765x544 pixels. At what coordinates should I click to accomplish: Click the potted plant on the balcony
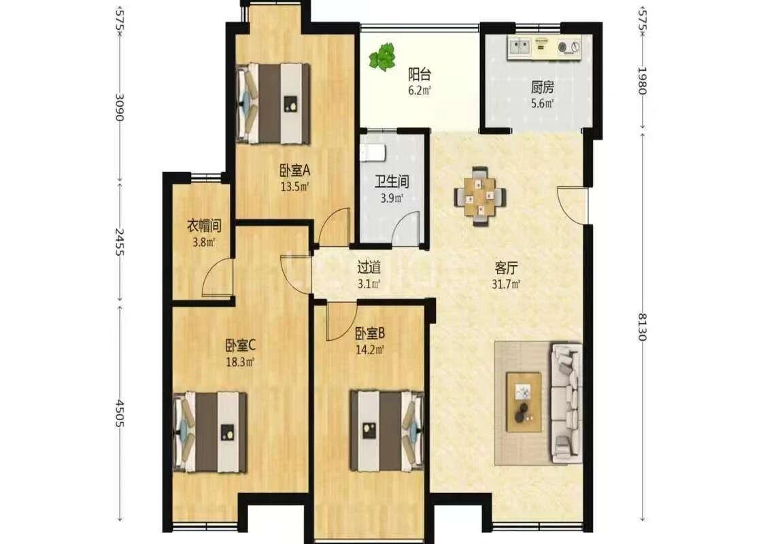pos(381,56)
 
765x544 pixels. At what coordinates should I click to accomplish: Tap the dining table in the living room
pos(480,197)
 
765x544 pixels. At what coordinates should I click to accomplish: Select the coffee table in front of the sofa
pos(524,401)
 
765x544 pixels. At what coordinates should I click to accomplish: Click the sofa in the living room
pos(566,402)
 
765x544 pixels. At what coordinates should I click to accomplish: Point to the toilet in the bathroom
pos(373,152)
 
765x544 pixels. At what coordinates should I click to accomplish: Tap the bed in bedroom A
pos(273,103)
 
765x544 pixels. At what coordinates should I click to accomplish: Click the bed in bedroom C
pos(210,431)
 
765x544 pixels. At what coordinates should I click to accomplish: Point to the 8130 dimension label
pos(642,327)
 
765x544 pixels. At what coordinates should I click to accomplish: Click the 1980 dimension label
pos(642,81)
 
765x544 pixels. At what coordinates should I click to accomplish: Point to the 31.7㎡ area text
pos(506,284)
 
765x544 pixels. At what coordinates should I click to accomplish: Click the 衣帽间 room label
pos(205,225)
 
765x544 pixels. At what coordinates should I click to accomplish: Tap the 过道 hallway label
pos(369,267)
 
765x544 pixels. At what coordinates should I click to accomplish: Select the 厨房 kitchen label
pos(543,87)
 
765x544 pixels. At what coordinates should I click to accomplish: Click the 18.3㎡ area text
pos(240,362)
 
